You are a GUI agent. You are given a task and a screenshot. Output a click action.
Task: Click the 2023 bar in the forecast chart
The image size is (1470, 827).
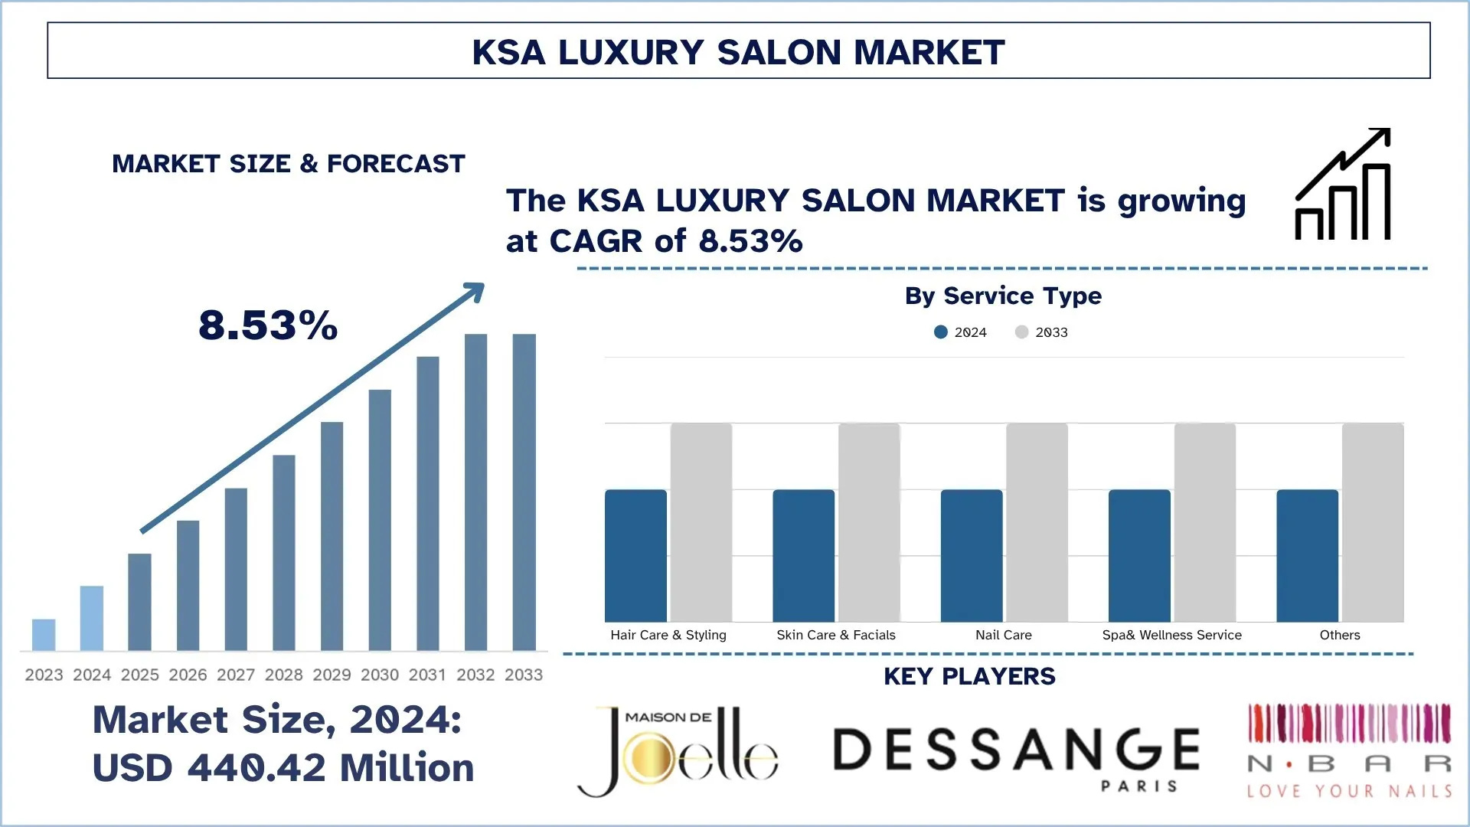(x=44, y=635)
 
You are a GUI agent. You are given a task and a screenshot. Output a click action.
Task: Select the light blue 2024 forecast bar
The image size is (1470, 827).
(x=92, y=618)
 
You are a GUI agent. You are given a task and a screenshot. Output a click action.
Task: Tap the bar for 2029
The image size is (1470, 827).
(x=332, y=536)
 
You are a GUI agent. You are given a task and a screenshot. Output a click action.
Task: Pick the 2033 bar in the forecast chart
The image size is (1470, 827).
(x=524, y=492)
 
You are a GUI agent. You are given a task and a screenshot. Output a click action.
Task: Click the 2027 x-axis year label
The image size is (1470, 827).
(x=236, y=675)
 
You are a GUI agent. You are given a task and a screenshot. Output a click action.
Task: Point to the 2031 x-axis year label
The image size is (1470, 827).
(x=427, y=675)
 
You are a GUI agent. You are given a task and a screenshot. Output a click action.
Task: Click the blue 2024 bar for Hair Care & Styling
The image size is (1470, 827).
(x=635, y=556)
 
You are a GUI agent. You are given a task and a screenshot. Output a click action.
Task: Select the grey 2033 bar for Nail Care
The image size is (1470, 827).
(x=1037, y=522)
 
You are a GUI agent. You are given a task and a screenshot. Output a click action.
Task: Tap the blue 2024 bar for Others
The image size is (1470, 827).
(x=1307, y=556)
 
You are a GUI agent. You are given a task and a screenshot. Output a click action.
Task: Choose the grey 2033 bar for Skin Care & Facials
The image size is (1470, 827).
(x=869, y=522)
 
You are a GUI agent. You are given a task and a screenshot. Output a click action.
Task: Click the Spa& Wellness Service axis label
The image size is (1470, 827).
(x=1171, y=635)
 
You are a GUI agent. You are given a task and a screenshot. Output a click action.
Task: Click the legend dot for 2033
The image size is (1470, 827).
(x=1021, y=332)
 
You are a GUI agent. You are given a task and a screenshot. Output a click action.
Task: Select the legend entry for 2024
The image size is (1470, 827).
(x=962, y=332)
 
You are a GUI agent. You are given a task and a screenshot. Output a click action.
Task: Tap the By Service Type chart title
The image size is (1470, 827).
(x=1003, y=296)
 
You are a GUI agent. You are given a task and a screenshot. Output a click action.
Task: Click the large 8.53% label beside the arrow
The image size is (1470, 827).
(x=268, y=325)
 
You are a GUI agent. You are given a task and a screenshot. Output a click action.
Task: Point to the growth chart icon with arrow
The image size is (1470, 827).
(x=1343, y=185)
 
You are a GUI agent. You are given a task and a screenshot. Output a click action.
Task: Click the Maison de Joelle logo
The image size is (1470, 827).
(x=678, y=751)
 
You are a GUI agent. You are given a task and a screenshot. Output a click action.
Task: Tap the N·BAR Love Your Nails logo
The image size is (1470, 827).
(x=1349, y=750)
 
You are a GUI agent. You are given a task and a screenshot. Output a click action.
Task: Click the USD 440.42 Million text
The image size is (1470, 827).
(x=283, y=768)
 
